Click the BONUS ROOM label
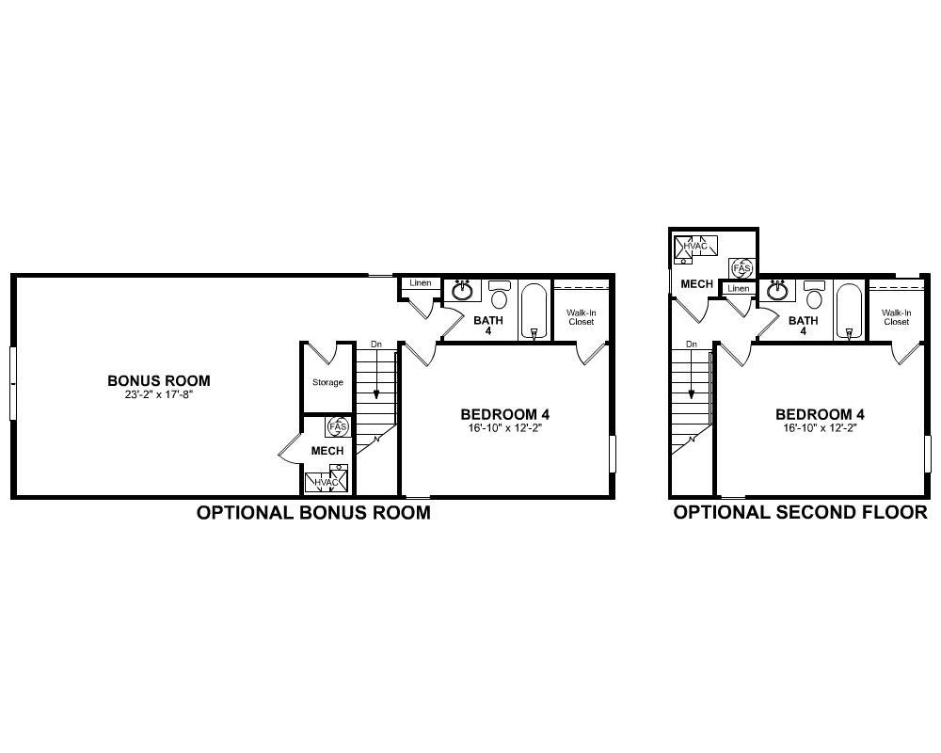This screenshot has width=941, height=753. (x=158, y=381)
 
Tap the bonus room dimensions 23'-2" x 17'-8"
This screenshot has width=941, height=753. (x=158, y=394)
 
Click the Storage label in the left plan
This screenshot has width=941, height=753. (x=327, y=382)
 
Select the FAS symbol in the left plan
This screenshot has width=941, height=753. (x=337, y=427)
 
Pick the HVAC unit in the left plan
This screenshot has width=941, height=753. (x=327, y=482)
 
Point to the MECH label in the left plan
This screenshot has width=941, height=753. (x=327, y=451)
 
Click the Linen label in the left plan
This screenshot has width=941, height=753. (x=420, y=283)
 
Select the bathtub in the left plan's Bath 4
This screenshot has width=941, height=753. (x=534, y=310)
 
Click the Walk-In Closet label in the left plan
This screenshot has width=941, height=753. (x=582, y=317)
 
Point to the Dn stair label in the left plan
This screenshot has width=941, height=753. (x=376, y=344)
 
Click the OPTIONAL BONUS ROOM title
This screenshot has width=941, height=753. (x=313, y=513)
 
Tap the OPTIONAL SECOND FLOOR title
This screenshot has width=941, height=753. (x=800, y=513)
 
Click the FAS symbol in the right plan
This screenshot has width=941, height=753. (x=742, y=268)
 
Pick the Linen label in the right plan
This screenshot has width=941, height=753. (x=739, y=289)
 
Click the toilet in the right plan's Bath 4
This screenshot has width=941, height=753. (x=814, y=295)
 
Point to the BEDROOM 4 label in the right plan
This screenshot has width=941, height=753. (x=820, y=414)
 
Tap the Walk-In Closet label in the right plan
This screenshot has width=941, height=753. (x=896, y=317)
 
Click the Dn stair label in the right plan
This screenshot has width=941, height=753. (x=692, y=344)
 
